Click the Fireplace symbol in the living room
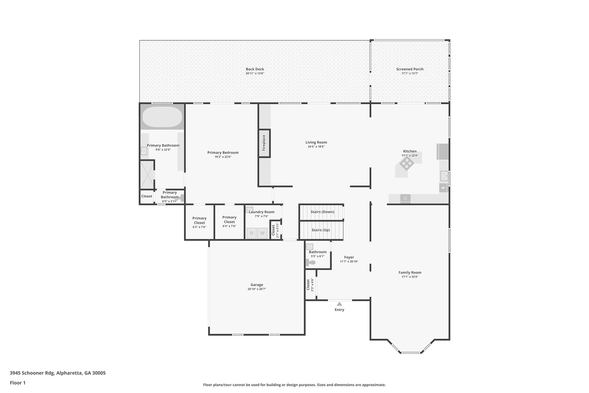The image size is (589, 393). click(264, 143)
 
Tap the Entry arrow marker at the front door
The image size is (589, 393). click(339, 304)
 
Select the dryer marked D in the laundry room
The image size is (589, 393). click(251, 233)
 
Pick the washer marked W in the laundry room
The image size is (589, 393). click(262, 233)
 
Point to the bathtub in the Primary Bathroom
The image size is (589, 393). click(162, 117)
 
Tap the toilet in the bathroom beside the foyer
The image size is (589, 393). click(311, 263)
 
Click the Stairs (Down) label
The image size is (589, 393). click(322, 212)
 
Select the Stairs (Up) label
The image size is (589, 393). click(320, 230)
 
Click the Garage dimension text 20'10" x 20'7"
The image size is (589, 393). click(257, 289)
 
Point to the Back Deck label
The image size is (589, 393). click(255, 69)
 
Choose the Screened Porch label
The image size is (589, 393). click(410, 69)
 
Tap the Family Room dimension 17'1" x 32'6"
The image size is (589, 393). click(410, 277)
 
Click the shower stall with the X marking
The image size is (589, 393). click(147, 174)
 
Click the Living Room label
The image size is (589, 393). click(316, 142)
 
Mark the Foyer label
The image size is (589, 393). click(349, 257)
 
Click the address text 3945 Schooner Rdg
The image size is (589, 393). click(32, 373)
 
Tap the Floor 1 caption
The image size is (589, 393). click(18, 383)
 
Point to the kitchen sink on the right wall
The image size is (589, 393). click(444, 176)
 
